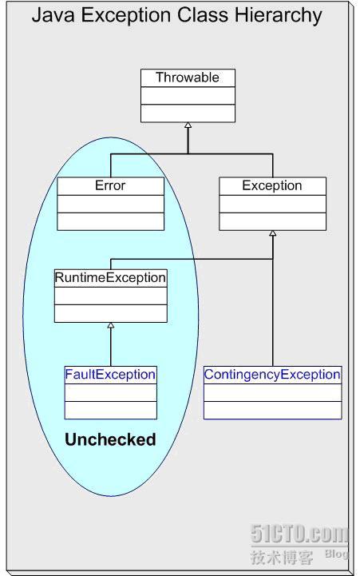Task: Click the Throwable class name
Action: (187, 77)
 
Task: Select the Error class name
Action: (110, 185)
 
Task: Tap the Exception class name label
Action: (272, 185)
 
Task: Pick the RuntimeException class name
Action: (110, 277)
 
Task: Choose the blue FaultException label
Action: (110, 375)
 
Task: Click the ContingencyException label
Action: (272, 375)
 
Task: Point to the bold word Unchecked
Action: (110, 439)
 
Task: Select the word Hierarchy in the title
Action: (278, 16)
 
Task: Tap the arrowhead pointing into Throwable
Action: (188, 125)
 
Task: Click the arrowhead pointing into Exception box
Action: (272, 233)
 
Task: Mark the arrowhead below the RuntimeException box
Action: (110, 325)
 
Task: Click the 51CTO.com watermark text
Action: (299, 534)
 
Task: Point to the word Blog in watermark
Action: (336, 553)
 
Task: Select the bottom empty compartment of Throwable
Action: (188, 113)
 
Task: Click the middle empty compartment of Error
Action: (110, 204)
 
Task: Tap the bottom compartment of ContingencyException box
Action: (273, 410)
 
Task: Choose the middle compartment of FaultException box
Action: (110, 393)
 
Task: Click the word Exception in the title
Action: (125, 16)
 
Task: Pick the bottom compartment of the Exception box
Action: (272, 221)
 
